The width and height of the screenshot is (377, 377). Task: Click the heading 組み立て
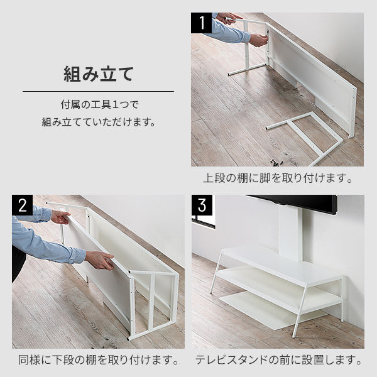pos(98,74)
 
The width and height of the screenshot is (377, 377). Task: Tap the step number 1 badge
pos(202,23)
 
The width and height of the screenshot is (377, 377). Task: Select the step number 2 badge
pos(22,205)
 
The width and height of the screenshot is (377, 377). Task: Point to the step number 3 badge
pos(202,205)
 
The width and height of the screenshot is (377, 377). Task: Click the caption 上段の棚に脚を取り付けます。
pos(277,178)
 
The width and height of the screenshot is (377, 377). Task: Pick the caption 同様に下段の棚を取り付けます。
pos(97,361)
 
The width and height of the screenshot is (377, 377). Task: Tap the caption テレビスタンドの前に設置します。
pos(278,361)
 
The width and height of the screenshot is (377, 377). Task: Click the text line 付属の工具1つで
pos(98,104)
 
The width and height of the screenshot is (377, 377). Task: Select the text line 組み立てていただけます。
pos(98,121)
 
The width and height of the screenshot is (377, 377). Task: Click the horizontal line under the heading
pos(98,92)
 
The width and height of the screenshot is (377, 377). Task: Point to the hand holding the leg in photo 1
pos(258,40)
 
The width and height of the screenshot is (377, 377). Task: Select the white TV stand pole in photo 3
pos(290,232)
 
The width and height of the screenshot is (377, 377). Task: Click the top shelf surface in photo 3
pos(283,264)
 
